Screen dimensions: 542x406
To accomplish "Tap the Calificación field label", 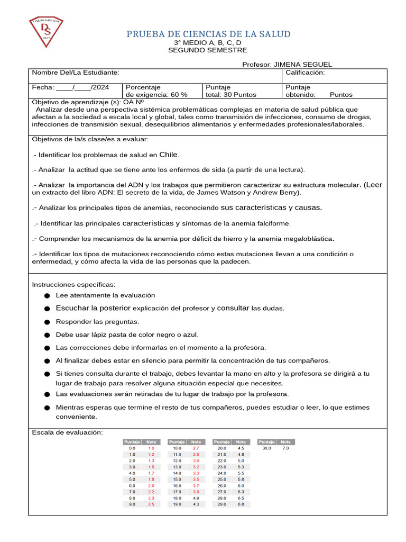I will coord(305,73).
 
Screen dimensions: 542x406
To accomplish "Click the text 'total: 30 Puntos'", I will coord(230,95).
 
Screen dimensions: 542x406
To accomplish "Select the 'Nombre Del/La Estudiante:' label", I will coord(76,73).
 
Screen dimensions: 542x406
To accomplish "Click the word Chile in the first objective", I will coord(169,155).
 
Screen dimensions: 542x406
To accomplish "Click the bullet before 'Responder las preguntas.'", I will coord(47,322).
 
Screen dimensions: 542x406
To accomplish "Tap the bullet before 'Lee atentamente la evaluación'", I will coord(47,295).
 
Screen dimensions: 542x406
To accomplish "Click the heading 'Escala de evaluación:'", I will coord(67,432).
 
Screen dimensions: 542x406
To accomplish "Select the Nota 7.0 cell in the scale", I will coord(285,448).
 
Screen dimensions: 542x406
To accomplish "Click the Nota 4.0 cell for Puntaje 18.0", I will coord(196,498).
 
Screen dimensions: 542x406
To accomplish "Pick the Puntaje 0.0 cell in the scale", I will coord(132,448).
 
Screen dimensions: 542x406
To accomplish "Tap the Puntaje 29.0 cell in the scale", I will coord(222,504).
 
